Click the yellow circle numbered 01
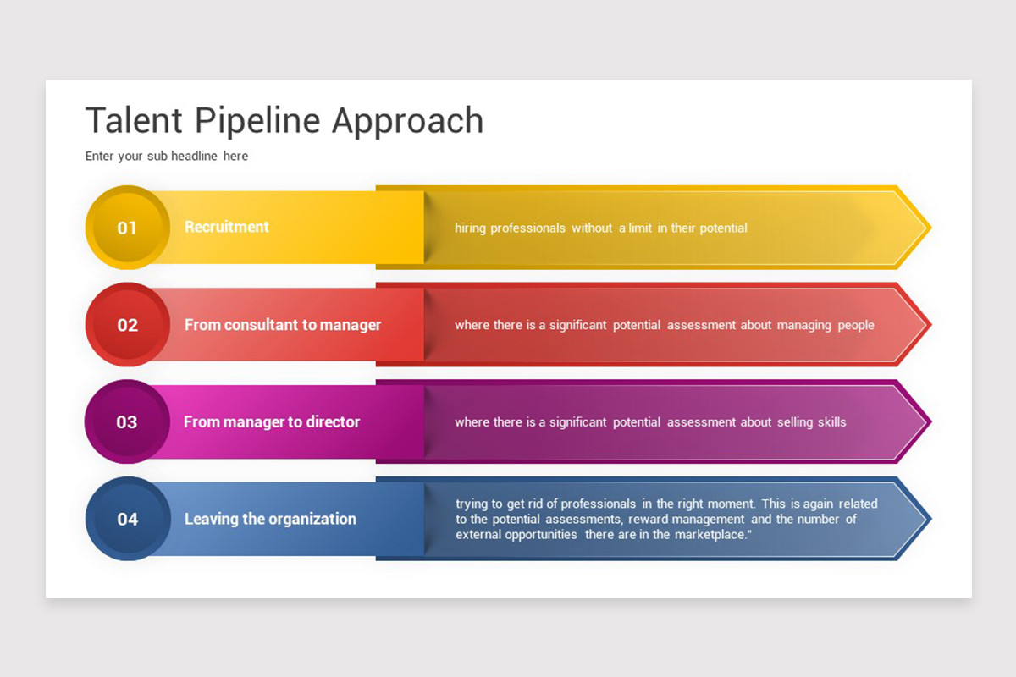[128, 227]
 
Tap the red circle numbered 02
[128, 325]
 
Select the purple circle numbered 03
[127, 421]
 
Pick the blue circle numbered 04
[128, 519]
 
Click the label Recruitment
[227, 227]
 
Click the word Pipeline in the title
[257, 121]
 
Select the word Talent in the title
[134, 121]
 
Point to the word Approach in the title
[408, 121]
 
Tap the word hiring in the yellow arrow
[470, 228]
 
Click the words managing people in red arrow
[825, 325]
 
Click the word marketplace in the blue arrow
[710, 535]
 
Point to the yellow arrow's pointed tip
[931, 227]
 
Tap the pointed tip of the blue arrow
[931, 519]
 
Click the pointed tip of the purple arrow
[931, 421]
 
